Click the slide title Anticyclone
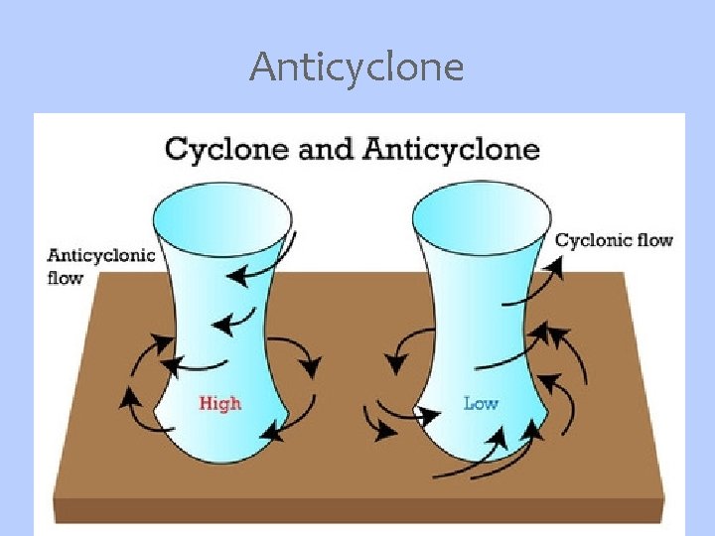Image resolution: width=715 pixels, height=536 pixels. coord(357,67)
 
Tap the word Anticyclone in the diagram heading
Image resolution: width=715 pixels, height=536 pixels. coord(452,149)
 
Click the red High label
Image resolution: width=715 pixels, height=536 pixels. coord(219,403)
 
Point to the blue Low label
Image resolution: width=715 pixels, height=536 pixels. coord(481,403)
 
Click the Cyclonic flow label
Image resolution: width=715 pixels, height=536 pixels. coord(613,240)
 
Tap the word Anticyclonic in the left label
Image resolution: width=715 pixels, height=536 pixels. coord(101,255)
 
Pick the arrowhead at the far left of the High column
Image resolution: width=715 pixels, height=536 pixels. coord(127,399)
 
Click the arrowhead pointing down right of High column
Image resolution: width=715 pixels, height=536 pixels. coord(311,368)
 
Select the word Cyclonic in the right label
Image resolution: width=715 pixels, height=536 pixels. coord(591,240)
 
